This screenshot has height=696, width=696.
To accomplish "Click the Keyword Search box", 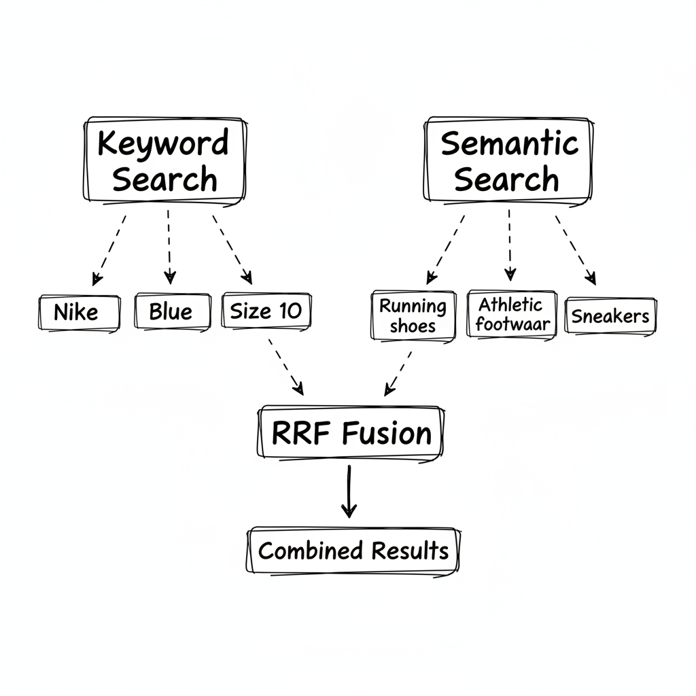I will coord(164,160).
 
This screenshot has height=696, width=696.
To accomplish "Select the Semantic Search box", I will coord(508,160).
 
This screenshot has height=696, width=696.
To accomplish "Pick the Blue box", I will coord(171,312).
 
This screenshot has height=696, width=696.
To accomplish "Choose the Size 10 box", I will coord(266,311).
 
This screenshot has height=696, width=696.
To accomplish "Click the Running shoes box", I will coord(413,315).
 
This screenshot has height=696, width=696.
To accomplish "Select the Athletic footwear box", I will coord(511,314).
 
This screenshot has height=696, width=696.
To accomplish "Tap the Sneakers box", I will coord(610,316).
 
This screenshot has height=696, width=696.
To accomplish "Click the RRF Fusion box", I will coord(351,433).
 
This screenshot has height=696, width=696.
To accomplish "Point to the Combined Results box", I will coord(353,551).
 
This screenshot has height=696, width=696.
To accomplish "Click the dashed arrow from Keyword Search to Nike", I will coord(109,249).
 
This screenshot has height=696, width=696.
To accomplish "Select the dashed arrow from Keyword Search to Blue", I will coord(169,246).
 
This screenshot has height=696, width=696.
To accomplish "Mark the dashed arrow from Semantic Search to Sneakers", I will coord(575,249).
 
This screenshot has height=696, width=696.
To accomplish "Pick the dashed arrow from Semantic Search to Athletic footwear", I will coord(509,245).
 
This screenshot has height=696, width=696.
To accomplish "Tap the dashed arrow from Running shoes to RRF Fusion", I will coord(399,372).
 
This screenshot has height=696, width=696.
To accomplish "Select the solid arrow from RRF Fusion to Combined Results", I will coord(349,492).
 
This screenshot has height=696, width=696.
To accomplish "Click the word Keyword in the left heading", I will coord(163,143).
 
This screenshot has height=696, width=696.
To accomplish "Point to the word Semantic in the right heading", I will coord(509,143).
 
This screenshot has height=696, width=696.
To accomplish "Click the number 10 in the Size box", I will coord(290,311).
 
